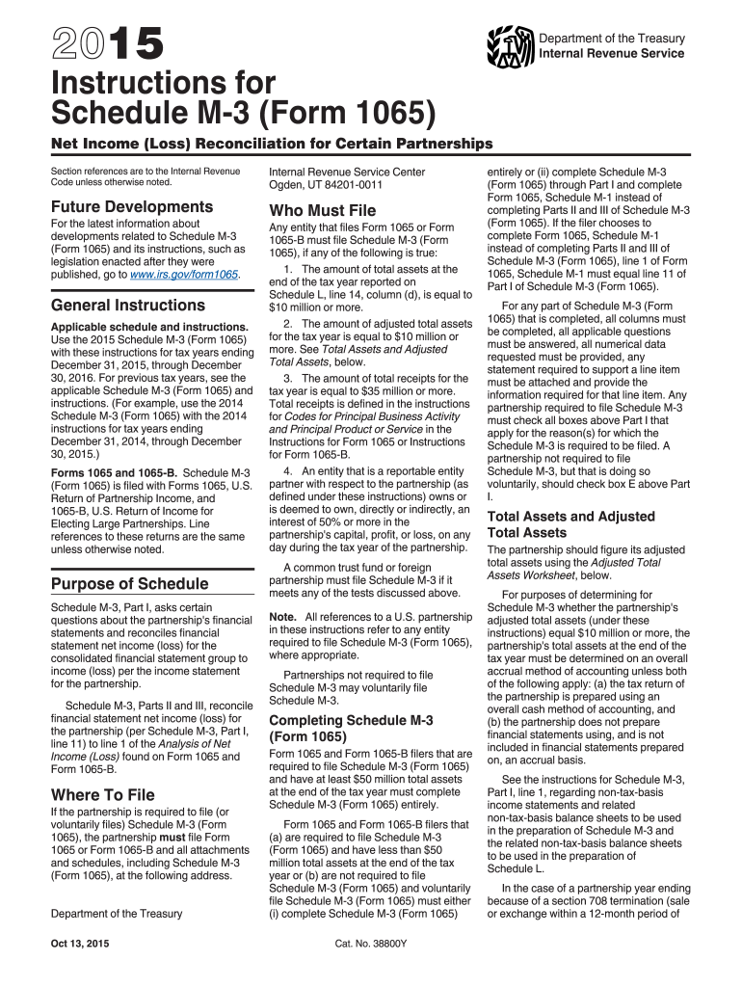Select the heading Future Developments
pos(131,206)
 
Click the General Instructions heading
pos(124,306)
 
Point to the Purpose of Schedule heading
pos(129,583)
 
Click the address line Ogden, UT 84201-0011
pos(328,185)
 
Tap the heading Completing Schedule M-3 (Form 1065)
pos(351,728)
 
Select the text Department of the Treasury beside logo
pos(612,38)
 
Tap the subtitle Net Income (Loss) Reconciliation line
pos(272,144)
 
